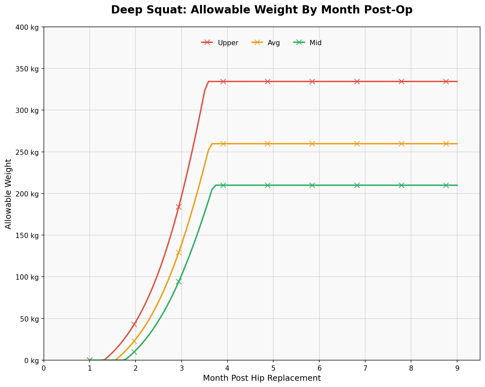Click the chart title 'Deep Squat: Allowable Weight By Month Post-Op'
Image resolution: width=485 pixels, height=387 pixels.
coord(261,10)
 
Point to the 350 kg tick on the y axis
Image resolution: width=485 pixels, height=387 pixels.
coord(27,69)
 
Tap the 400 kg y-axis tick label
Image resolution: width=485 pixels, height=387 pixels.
coord(27,27)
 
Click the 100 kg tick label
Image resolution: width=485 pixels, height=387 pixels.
coord(27,277)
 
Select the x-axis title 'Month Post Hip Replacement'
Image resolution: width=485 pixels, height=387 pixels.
coord(261,378)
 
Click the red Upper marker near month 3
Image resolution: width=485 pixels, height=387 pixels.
coord(178,207)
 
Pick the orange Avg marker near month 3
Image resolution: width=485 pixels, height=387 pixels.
coord(178,252)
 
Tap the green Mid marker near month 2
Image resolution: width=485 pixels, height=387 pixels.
coord(134,352)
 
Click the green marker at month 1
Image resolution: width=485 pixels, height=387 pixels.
coord(90,360)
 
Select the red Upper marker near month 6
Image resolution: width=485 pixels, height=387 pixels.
coord(312,82)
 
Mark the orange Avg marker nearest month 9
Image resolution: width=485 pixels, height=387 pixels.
coord(446,144)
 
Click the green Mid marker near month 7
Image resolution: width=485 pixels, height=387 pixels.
coord(357,185)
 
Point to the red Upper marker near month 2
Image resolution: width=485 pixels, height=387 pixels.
coord(134,324)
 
